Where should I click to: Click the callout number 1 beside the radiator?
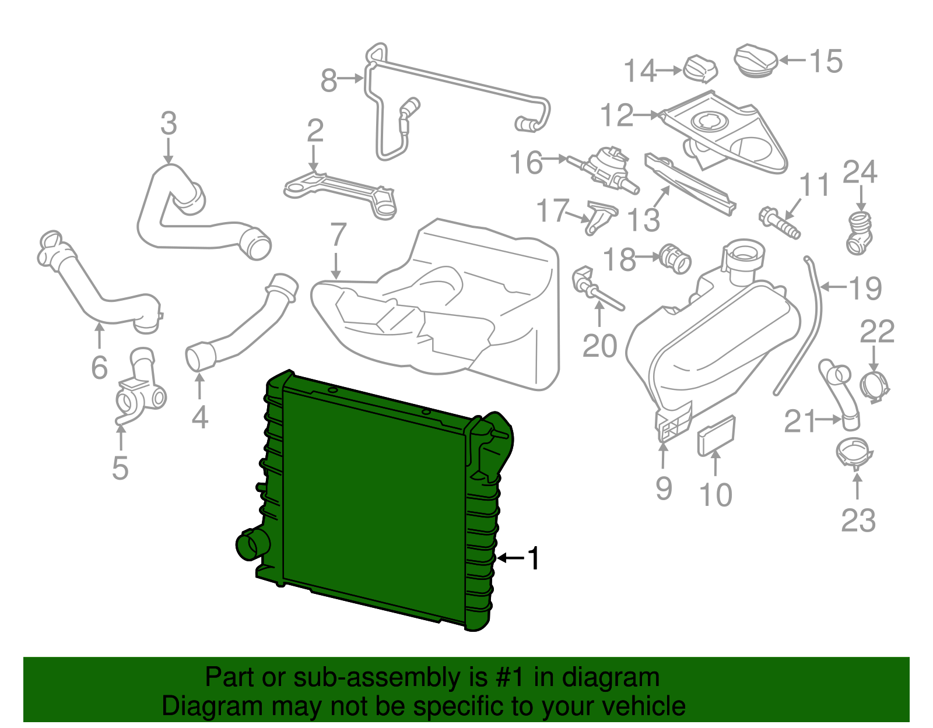tap(534, 558)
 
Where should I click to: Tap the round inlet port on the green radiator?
tap(251, 544)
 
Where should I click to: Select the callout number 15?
tap(826, 61)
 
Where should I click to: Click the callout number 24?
tap(860, 172)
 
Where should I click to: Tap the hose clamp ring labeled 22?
tap(875, 385)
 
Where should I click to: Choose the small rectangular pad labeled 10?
tap(717, 435)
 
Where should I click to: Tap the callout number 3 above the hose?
tap(169, 124)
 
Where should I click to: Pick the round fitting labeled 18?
tap(675, 258)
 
